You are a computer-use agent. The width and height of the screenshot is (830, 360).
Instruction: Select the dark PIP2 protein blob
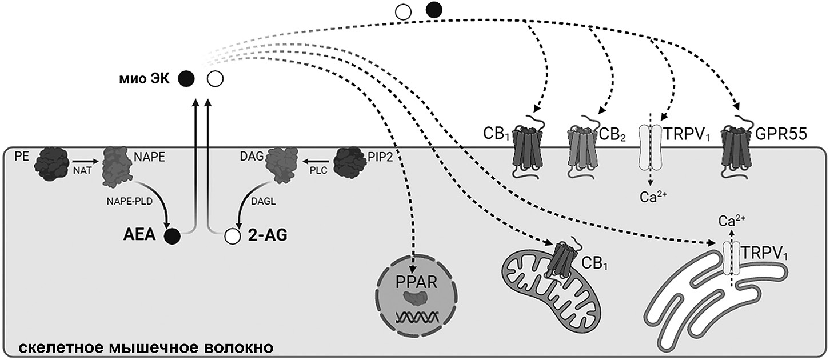[349, 163]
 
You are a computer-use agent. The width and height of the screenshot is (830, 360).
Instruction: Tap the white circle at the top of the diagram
[404, 11]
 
